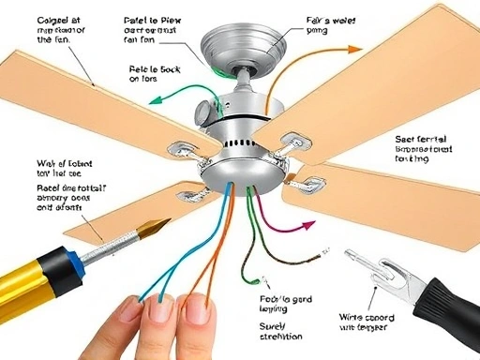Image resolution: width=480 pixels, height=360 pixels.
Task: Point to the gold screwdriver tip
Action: pos(150,228)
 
